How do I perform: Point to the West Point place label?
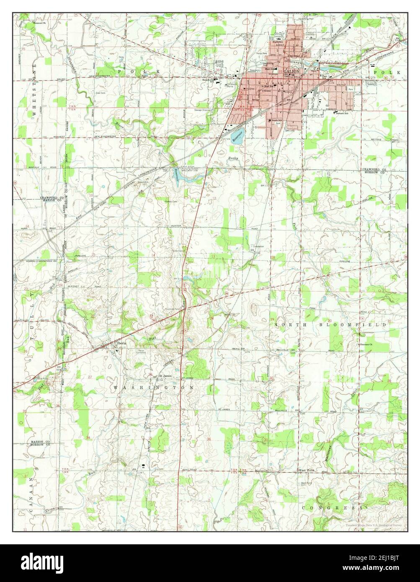click(x=306, y=471)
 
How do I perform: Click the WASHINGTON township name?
click(x=154, y=388)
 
